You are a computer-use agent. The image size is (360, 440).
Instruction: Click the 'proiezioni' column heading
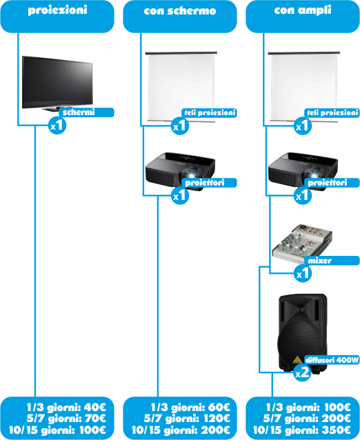tap(57, 10)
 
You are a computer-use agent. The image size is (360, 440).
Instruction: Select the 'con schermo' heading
tap(180, 10)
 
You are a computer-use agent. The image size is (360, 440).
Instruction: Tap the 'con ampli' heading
tap(303, 10)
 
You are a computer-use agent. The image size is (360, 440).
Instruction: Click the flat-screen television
tap(57, 83)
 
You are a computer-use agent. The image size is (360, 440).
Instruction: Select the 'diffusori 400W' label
tap(332, 360)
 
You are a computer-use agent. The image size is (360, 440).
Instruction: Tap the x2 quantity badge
tap(303, 372)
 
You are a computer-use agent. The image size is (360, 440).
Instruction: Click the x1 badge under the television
tap(57, 126)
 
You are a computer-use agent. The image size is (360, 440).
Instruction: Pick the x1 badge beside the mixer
tap(303, 273)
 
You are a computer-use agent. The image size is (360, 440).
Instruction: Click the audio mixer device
tap(302, 243)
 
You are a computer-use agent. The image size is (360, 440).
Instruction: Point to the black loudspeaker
tap(303, 332)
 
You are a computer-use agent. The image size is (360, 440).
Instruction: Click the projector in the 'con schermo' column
tap(180, 171)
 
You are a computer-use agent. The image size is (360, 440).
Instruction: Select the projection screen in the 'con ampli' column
tap(303, 87)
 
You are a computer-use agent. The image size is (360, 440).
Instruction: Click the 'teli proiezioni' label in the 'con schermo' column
tap(209, 113)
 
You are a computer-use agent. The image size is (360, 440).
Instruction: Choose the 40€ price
tap(95, 407)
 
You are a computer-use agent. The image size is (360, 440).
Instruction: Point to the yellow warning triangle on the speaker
tap(297, 359)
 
